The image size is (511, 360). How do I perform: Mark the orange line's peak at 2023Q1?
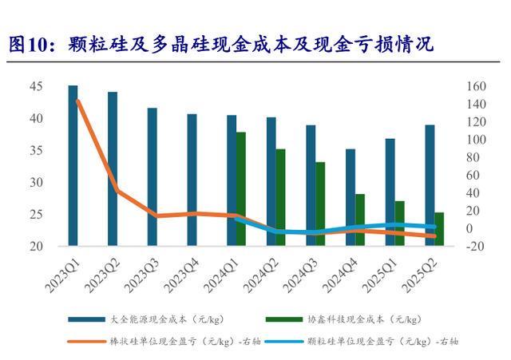tap(77, 101)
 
